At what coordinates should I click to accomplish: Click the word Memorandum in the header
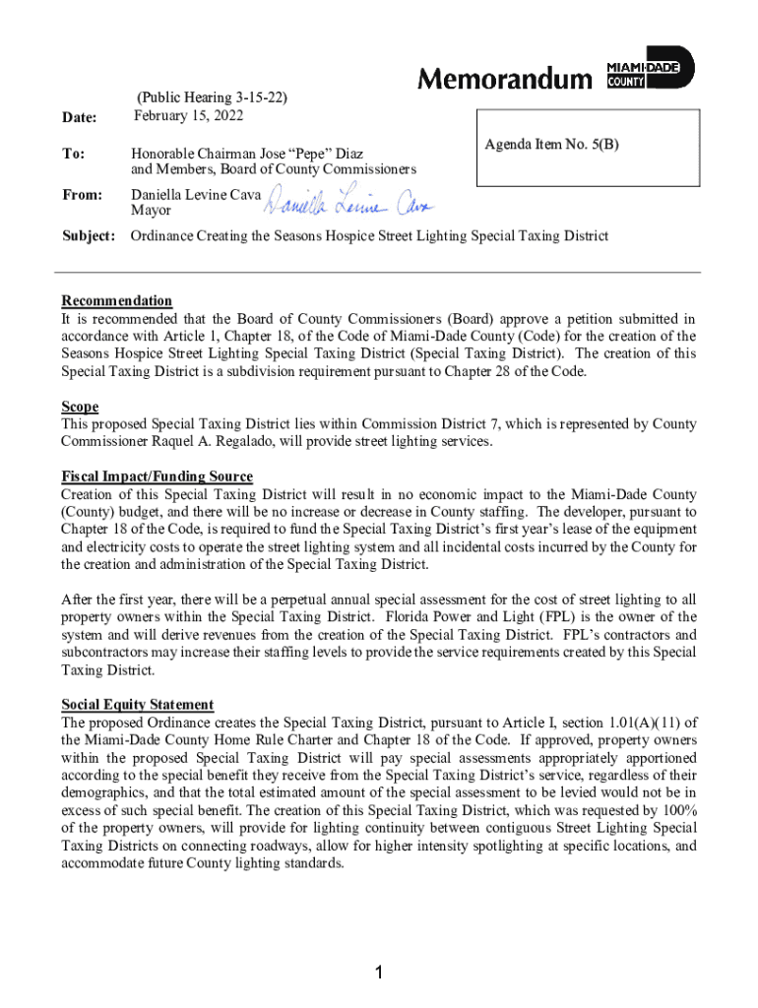click(x=506, y=79)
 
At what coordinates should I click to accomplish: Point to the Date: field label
click(x=80, y=118)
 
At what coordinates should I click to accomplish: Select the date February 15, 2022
click(x=188, y=116)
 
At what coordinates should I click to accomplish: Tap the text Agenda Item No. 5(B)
click(x=552, y=145)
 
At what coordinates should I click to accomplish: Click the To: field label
click(x=73, y=155)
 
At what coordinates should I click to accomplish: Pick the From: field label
click(x=82, y=195)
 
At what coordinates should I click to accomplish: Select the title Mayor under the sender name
click(x=152, y=211)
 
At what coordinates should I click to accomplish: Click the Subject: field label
click(x=89, y=236)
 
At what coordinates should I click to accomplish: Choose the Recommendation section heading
click(x=117, y=301)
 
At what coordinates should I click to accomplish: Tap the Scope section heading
click(x=80, y=407)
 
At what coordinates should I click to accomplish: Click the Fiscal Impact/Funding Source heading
click(x=158, y=476)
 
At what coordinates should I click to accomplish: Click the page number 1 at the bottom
click(x=379, y=974)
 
